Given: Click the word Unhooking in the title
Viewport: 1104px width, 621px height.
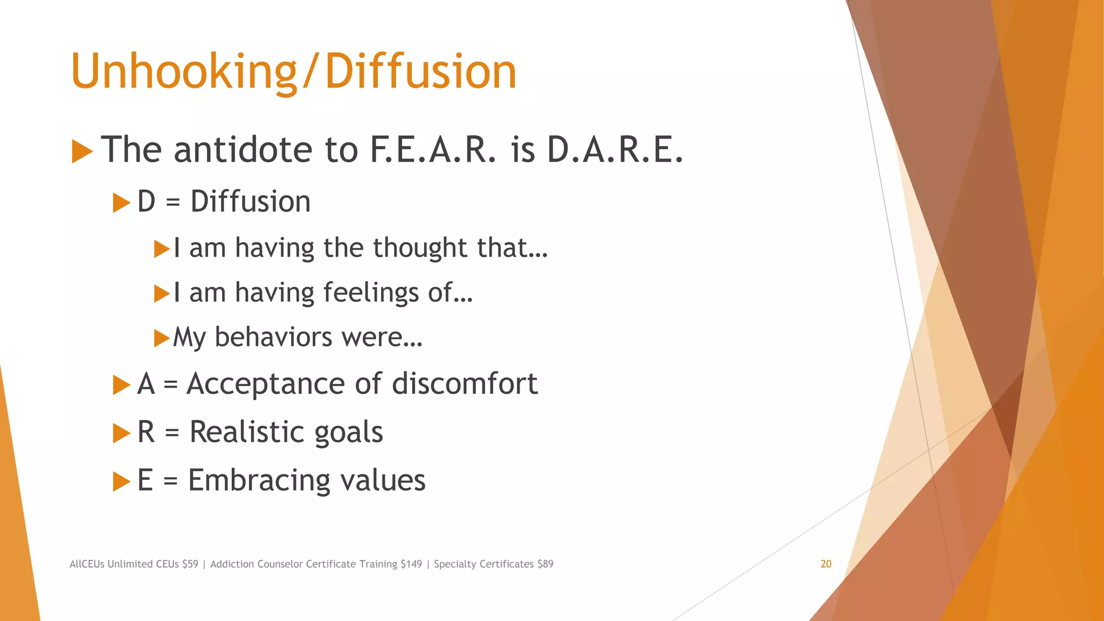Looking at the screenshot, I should coord(183,72).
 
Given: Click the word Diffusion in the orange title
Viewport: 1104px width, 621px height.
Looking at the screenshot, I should coord(420,72).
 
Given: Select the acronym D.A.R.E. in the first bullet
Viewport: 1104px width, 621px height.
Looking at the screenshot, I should coord(615,149).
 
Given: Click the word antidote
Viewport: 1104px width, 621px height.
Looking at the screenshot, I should coord(243,149).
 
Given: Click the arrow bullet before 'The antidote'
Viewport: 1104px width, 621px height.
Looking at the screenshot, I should coord(82,151).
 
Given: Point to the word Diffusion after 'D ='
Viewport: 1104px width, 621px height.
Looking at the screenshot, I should coord(250,202).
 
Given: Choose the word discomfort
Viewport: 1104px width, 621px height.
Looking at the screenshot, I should coord(465,384).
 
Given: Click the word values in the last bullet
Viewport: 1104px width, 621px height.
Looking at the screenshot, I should coord(382,480).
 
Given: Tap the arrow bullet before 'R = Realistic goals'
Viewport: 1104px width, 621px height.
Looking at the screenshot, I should coord(121,433).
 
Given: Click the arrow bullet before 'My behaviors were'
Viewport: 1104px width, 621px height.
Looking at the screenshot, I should coord(162,339).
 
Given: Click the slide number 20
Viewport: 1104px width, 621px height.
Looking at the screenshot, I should coord(826,564).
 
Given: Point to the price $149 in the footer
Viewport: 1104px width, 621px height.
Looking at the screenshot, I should coord(411,564).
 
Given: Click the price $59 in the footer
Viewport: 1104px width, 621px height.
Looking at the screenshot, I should coord(190,564).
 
